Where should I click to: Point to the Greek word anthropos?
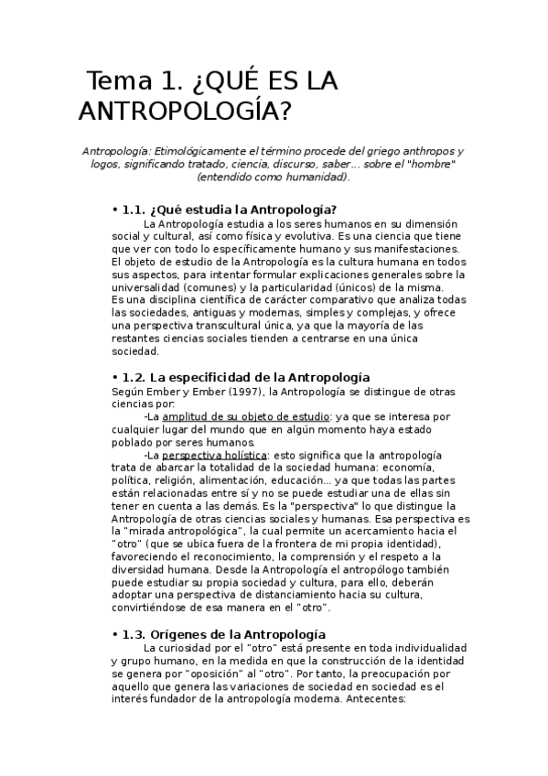click(428, 150)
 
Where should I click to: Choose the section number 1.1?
click(134, 209)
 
